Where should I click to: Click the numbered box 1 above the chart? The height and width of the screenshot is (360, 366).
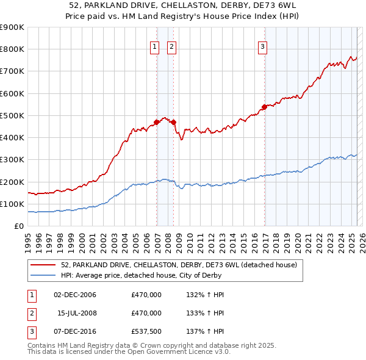154,46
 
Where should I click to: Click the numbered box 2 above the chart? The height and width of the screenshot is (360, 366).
171,46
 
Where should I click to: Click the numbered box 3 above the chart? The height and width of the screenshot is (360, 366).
262,46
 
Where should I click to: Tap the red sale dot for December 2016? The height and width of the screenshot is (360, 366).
265,107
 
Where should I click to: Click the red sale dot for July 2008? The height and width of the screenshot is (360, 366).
174,122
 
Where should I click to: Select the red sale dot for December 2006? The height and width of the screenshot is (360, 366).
157,122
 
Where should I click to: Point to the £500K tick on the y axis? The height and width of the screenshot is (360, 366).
12,115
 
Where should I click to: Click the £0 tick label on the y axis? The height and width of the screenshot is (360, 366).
20,226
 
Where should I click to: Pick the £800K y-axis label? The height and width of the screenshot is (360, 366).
12,49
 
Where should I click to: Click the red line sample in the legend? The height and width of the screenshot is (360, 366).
43,265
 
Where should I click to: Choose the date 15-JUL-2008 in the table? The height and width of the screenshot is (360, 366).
77,313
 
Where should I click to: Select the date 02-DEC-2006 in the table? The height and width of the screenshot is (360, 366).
75,295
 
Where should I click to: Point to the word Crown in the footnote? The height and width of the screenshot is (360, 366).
162,345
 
